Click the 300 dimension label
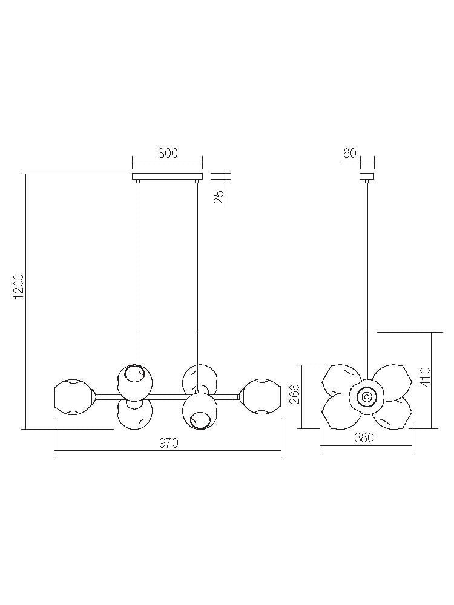[168, 153]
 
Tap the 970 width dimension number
[168, 443]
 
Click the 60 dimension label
[350, 153]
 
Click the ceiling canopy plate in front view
[167, 177]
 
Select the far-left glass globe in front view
[73, 397]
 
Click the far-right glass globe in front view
[261, 397]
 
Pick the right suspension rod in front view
[197, 272]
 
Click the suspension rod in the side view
[367, 272]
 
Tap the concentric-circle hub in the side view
[367, 397]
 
